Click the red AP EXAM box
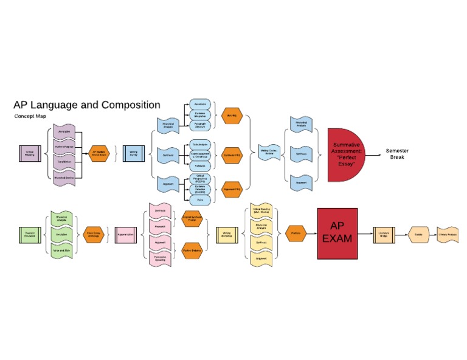click(x=337, y=234)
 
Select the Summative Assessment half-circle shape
click(x=347, y=154)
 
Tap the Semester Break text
click(x=397, y=154)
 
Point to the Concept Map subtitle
click(x=30, y=116)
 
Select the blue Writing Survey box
click(x=133, y=153)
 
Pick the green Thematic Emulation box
click(x=29, y=234)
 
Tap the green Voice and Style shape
click(x=61, y=251)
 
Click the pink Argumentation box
click(x=125, y=234)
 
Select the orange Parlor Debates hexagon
click(x=192, y=249)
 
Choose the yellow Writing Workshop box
click(x=226, y=234)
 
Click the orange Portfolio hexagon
click(x=296, y=234)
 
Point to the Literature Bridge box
click(x=383, y=234)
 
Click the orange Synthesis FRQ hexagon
click(x=232, y=154)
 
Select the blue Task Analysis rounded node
click(x=199, y=144)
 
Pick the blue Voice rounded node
click(x=199, y=199)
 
